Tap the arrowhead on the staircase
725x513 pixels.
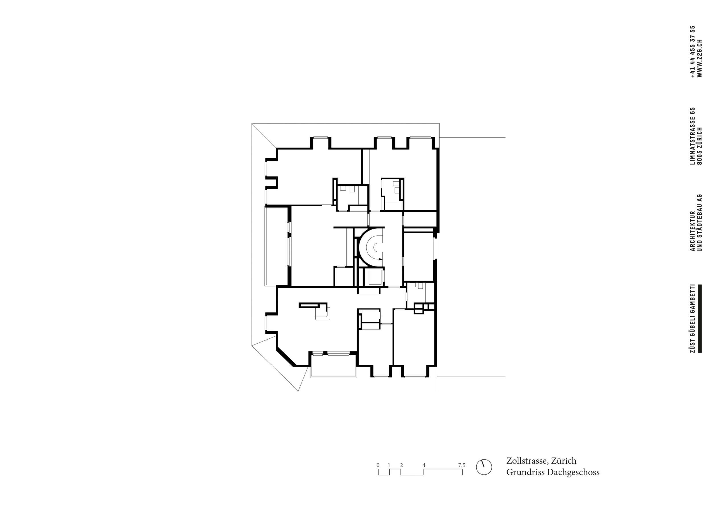[381, 259]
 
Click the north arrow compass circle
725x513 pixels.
[484, 467]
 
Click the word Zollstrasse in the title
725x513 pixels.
[527, 461]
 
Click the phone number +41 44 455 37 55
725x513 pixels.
[693, 52]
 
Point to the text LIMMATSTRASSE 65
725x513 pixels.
[693, 136]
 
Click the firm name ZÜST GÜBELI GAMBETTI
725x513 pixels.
[693, 318]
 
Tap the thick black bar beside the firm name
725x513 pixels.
[700, 318]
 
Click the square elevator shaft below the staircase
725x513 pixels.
[373, 277]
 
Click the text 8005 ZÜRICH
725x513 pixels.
[700, 146]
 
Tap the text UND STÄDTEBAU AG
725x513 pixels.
[700, 223]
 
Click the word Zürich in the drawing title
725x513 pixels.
[564, 461]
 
